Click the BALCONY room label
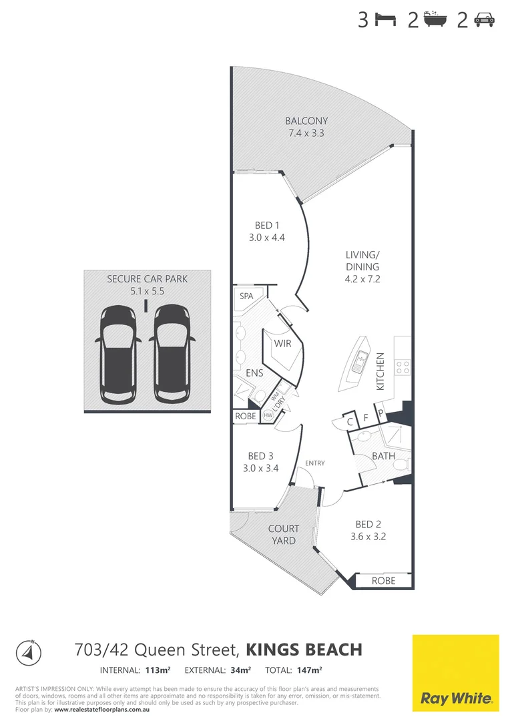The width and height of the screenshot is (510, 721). pyautogui.click(x=306, y=121)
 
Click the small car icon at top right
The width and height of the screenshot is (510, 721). pyautogui.click(x=484, y=21)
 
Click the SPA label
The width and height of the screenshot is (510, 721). pyautogui.click(x=248, y=295)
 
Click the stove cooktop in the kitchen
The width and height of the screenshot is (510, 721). pyautogui.click(x=403, y=367)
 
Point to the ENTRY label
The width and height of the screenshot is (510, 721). pyautogui.click(x=314, y=463)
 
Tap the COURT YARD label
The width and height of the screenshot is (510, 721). pyautogui.click(x=284, y=534)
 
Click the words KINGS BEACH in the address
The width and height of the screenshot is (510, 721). pyautogui.click(x=304, y=650)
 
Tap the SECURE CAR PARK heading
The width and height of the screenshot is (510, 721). pyautogui.click(x=147, y=278)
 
